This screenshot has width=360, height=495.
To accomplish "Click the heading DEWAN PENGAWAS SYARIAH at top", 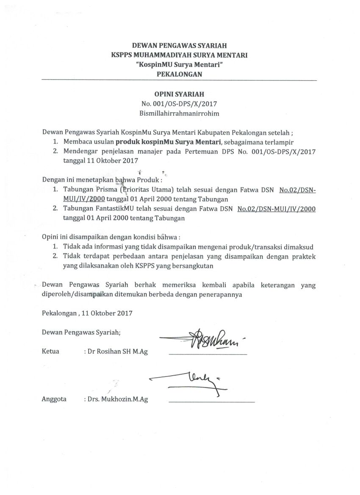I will click(x=179, y=45).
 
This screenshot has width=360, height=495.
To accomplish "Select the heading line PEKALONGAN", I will click(x=179, y=74).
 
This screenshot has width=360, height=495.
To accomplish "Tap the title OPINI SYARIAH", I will click(x=179, y=94).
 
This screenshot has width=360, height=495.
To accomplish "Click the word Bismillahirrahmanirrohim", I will click(x=179, y=113).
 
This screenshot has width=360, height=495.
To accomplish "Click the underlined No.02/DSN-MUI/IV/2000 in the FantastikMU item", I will click(x=277, y=209).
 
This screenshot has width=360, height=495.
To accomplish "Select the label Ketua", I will click(x=50, y=351).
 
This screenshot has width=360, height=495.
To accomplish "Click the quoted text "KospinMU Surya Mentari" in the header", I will click(x=179, y=64).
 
